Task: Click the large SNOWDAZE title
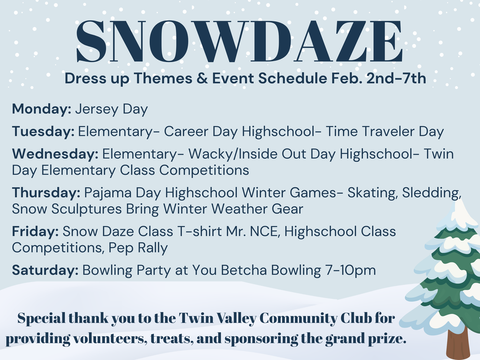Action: pyautogui.click(x=239, y=41)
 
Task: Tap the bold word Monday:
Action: pyautogui.click(x=42, y=109)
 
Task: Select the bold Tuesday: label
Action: pyautogui.click(x=43, y=132)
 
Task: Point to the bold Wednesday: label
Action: pyautogui.click(x=55, y=154)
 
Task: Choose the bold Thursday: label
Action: pyautogui.click(x=46, y=193)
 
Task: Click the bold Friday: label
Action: pyautogui.click(x=36, y=232)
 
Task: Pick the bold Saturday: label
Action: pyautogui.click(x=45, y=270)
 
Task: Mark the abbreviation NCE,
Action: pyautogui.click(x=265, y=232)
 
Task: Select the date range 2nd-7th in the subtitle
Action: pyautogui.click(x=396, y=78)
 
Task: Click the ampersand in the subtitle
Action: pyautogui.click(x=202, y=78)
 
